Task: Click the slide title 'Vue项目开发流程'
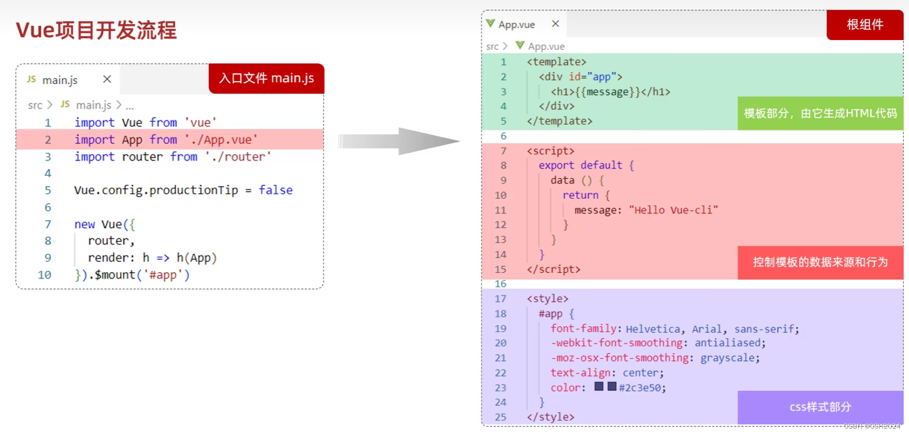tap(96, 30)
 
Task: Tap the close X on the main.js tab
tap(107, 79)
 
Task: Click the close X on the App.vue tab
tap(555, 24)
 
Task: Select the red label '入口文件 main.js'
tap(266, 78)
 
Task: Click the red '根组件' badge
tap(865, 25)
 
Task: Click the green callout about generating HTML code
tap(820, 114)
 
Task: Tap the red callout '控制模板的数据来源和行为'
tap(820, 262)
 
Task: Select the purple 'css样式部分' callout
tap(820, 407)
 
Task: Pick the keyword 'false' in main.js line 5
tap(275, 190)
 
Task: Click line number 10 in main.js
tap(44, 275)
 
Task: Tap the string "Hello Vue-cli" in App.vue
tap(673, 210)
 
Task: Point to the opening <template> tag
tap(556, 62)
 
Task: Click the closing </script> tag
tap(553, 269)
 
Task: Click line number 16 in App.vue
tap(500, 284)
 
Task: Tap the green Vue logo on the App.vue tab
tap(490, 24)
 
